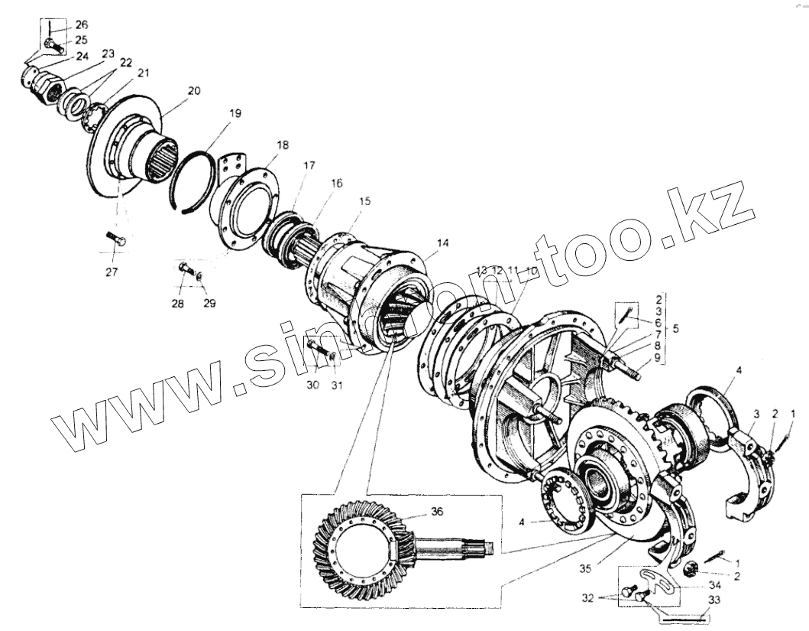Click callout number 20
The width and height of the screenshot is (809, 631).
coord(193,90)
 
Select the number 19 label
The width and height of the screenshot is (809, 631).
coord(235,113)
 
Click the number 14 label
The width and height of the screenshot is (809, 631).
coord(443,243)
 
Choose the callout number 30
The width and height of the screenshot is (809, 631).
coord(313,386)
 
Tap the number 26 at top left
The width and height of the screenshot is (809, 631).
coord(82,24)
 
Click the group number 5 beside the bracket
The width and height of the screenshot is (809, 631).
coord(673,329)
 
